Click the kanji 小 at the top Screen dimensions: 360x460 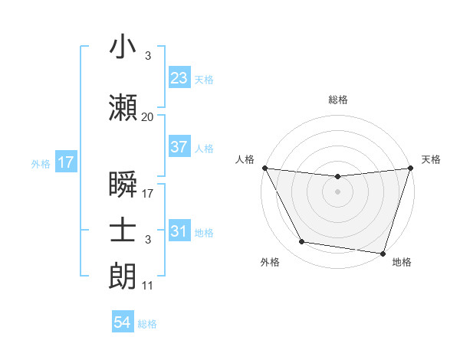[x=123, y=48]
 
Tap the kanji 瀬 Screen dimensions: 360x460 [x=123, y=108]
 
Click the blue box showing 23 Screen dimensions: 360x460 [x=179, y=77]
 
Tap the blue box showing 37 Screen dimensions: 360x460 [x=179, y=147]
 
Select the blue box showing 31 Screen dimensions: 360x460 [x=179, y=231]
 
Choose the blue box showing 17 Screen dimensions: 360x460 [x=65, y=162]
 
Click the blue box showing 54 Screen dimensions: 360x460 [x=123, y=322]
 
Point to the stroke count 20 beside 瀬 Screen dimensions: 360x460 [x=147, y=117]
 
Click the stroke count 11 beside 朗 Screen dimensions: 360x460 [x=147, y=286]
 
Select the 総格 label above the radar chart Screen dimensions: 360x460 [x=337, y=100]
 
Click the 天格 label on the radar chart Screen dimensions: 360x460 [x=431, y=159]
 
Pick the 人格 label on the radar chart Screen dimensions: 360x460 [x=245, y=159]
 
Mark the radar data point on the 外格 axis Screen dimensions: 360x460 [x=301, y=242]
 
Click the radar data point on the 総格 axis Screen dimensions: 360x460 [x=337, y=177]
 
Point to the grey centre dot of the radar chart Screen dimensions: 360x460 [x=337, y=191]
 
